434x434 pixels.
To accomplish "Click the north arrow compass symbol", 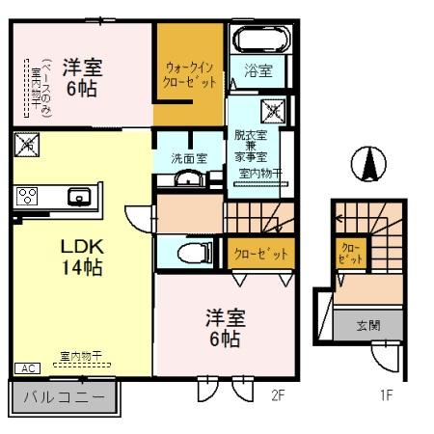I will tap(368, 163).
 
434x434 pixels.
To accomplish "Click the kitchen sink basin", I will tap(77, 197).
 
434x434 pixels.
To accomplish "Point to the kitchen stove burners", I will tap(27, 197).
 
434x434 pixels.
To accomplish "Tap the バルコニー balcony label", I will tap(64, 396).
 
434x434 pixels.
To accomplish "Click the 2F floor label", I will tap(280, 395).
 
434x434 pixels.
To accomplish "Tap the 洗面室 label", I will tap(189, 157).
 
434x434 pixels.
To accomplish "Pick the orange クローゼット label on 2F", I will tap(261, 254).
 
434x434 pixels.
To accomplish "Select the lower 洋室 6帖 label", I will tap(222, 328).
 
